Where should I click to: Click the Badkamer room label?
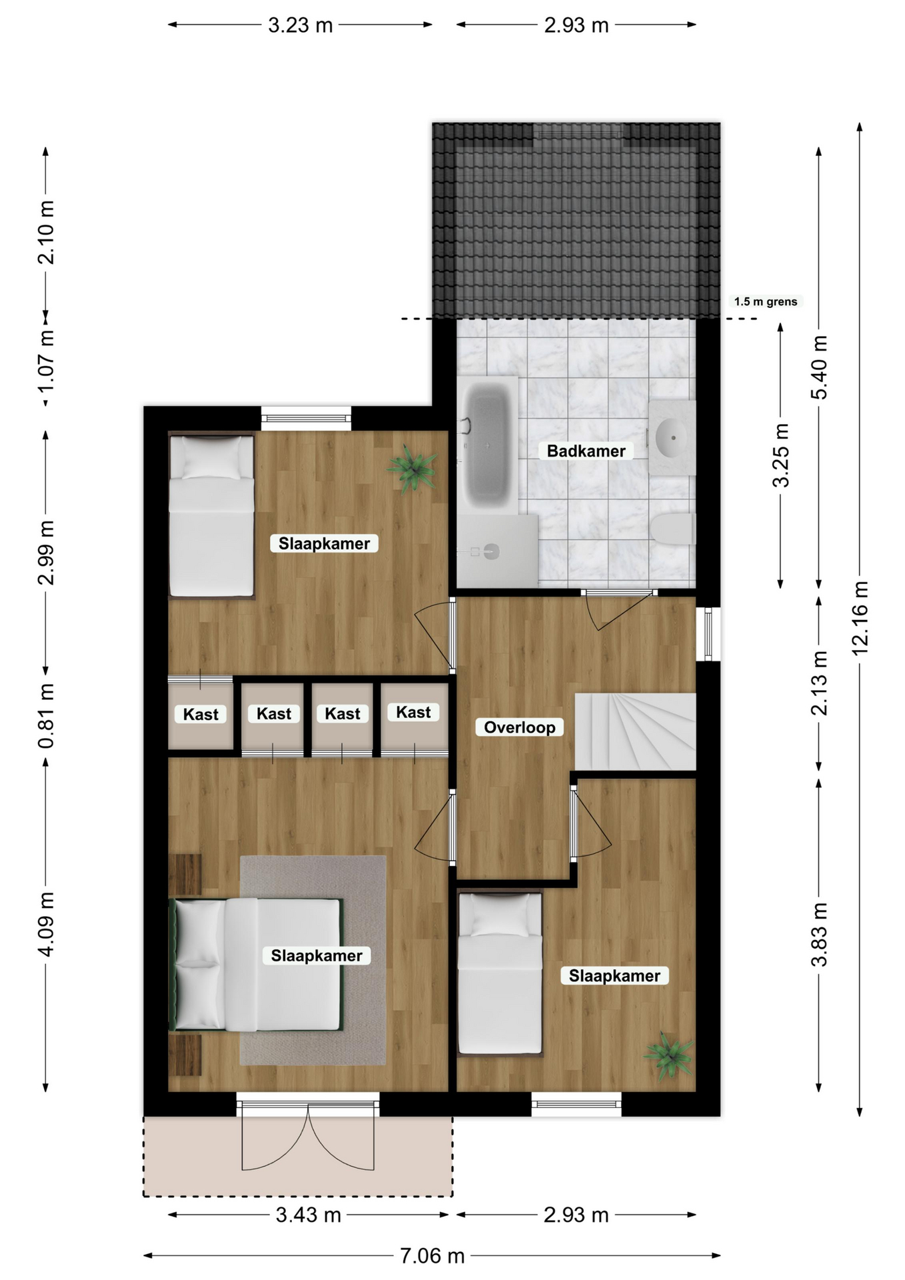586,451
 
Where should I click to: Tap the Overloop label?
519,727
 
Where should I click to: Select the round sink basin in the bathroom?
672,438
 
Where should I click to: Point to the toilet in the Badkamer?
674,529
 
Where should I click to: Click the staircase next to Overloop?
635,731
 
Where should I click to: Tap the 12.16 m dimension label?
860,618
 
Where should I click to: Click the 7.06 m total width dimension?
432,1256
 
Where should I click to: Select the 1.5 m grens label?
766,301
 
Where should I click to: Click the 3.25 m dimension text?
781,455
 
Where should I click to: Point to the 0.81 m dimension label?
46,715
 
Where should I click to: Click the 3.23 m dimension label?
300,25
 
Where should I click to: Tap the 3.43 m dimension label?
309,1215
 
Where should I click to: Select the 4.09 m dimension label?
46,924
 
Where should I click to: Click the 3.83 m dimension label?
819,935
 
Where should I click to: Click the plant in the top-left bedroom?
413,468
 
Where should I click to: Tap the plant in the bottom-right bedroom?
668,1055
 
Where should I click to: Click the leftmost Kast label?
201,715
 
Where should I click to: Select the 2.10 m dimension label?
46,232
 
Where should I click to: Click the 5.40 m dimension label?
819,367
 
